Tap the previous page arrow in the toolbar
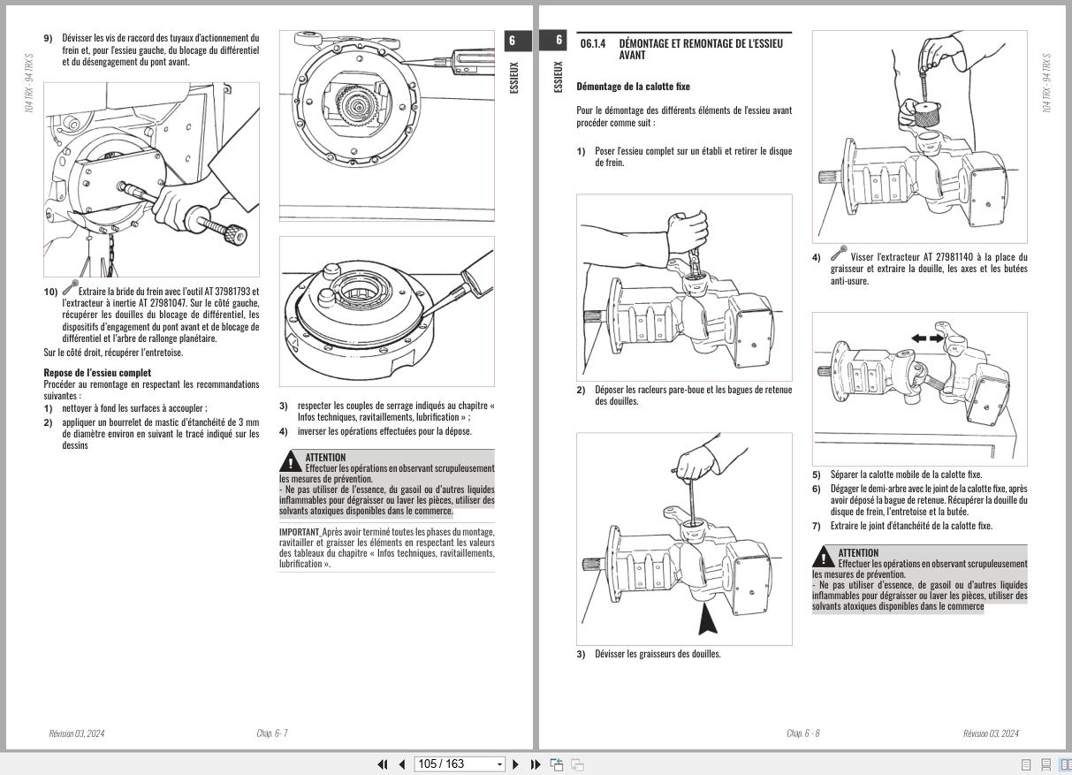tap(401, 764)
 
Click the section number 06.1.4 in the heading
tap(594, 43)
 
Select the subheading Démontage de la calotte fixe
tap(633, 87)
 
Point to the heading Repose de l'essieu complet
tap(97, 372)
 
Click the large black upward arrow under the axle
tap(708, 619)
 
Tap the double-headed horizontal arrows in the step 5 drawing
tap(927, 338)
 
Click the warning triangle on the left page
tap(290, 461)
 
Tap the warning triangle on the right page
tap(823, 557)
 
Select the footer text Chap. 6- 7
tap(272, 733)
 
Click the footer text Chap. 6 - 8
tap(803, 733)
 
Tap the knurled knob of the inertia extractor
tap(233, 234)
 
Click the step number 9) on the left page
tap(48, 38)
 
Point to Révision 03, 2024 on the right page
tap(991, 733)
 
